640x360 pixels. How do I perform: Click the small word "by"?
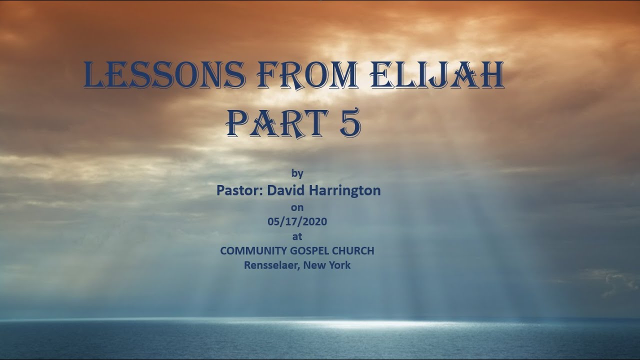297,173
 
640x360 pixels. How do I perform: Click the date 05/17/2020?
297,221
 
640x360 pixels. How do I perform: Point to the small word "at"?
297,235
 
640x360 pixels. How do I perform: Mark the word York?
339,265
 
